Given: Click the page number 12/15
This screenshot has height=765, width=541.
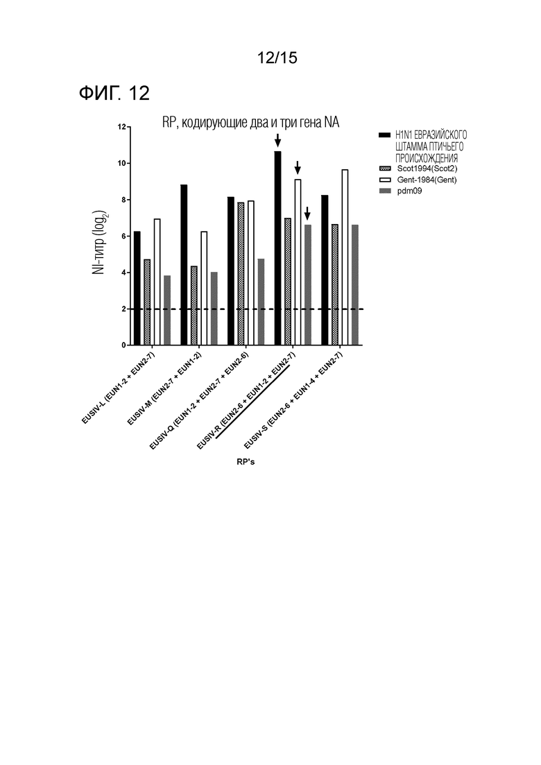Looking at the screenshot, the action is point(277,58).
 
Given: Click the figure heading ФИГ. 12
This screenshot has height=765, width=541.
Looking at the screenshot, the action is point(114,93).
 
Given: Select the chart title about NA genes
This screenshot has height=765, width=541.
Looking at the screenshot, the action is point(251,123).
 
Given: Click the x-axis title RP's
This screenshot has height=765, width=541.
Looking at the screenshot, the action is point(246,461).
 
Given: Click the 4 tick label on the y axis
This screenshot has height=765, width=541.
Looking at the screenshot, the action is point(123,273).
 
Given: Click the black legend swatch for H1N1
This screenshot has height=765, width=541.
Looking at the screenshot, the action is point(386,135).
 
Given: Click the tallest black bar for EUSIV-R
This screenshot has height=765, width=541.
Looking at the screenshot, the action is point(277,248).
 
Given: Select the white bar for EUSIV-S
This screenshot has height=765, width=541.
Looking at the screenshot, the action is point(345,257).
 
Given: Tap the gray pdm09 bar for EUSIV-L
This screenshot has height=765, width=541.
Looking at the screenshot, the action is point(167,310).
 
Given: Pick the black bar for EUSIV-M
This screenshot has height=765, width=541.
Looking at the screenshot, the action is point(184,265).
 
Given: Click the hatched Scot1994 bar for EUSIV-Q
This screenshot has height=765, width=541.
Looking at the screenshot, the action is point(241,274).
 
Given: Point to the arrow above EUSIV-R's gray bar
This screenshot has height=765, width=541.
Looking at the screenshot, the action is point(307,213).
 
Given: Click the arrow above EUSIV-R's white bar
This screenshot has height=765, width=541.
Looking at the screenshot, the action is point(298,168).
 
